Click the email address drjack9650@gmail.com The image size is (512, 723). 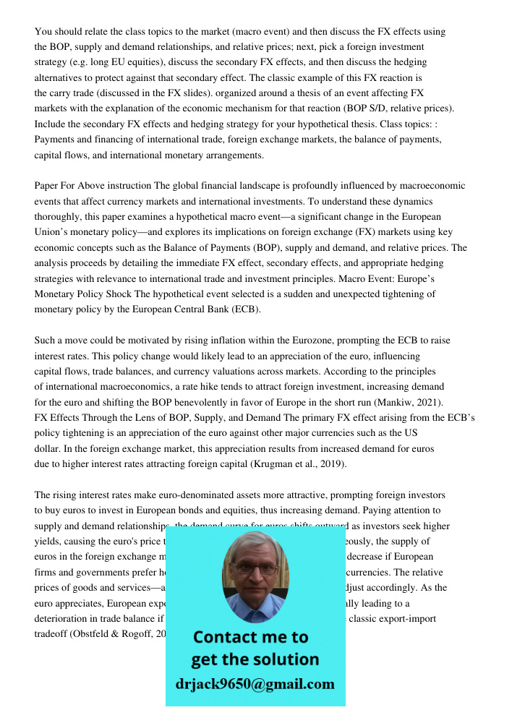click(255, 684)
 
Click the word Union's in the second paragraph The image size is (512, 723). click(54, 232)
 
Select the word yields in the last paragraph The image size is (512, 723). click(48, 542)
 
